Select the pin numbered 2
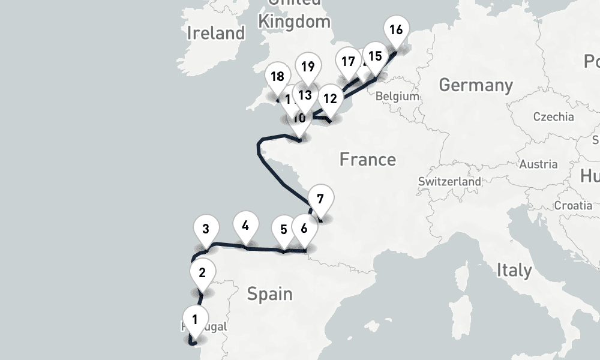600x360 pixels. point(202,274)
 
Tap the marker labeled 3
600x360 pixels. point(206,230)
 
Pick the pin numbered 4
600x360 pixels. point(245,227)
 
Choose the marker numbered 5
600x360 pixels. point(284,230)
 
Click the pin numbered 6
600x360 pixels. point(304,229)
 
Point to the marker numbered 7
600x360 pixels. point(320,200)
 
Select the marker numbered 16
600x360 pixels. point(396,31)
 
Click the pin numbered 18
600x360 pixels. point(277,77)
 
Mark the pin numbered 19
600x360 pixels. point(308,67)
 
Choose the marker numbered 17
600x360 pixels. point(348,62)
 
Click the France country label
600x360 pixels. point(367,160)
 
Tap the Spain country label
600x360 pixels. point(269,294)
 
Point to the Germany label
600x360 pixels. point(476,85)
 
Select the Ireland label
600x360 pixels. point(216,33)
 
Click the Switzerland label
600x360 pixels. point(449,181)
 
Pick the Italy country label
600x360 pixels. point(514,270)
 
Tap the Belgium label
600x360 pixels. point(397,96)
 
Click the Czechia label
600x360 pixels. point(551,116)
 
